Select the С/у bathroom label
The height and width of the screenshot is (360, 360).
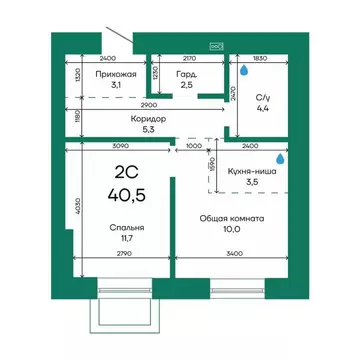(x=263, y=98)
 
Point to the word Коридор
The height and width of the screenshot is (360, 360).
(x=148, y=119)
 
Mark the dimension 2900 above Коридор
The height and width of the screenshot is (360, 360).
(x=148, y=105)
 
